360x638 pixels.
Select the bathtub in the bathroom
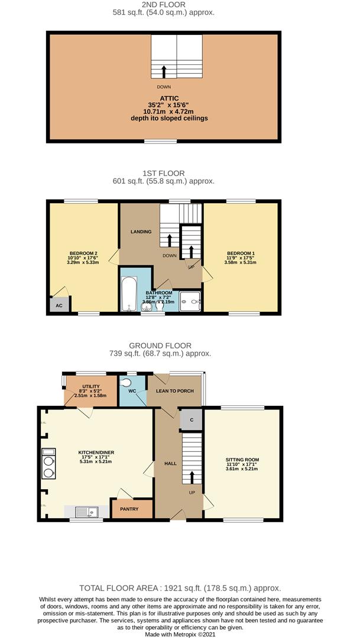(x=129, y=294)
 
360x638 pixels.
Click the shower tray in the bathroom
(x=190, y=301)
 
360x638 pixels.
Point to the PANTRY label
(x=129, y=509)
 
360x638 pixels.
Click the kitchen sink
(x=87, y=512)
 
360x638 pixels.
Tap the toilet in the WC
(x=127, y=382)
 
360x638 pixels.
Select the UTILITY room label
(x=91, y=387)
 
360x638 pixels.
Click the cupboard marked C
(x=191, y=419)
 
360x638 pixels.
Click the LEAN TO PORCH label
(x=175, y=391)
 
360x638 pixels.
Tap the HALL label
(x=170, y=464)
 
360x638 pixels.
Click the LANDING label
(x=141, y=232)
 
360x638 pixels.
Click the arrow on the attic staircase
(x=164, y=71)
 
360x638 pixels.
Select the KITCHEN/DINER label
(x=96, y=453)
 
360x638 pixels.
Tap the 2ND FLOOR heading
(x=163, y=5)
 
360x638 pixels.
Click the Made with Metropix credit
(x=180, y=634)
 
